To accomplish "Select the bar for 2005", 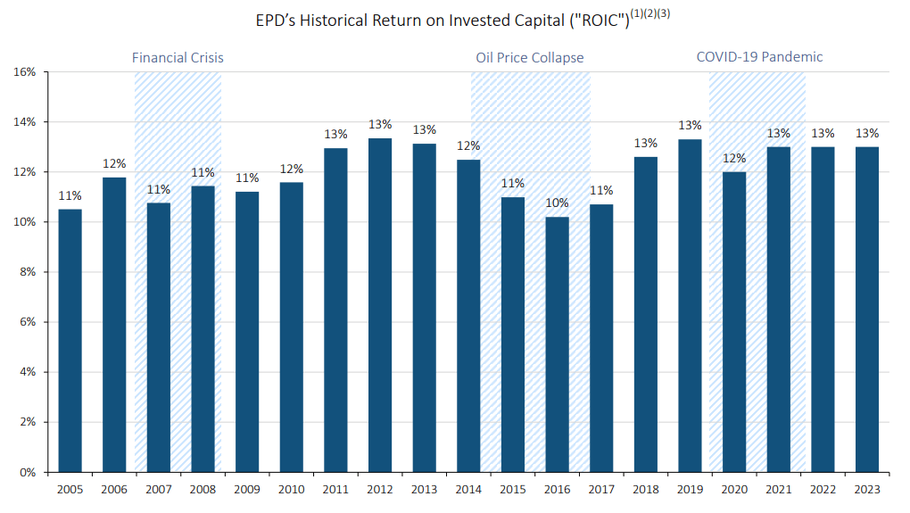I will point(70,340).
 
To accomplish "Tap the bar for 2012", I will point(380,304).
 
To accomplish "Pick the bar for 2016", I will point(557,343).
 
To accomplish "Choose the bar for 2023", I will point(867,309).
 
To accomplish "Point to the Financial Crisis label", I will point(178,57).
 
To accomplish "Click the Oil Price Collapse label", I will point(529,57).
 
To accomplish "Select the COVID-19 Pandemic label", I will point(759,56).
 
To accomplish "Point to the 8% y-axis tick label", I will point(27,271).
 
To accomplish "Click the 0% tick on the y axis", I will point(27,472).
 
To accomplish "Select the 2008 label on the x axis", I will point(203,490).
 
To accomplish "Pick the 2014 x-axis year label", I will point(468,490).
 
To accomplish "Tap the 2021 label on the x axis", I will point(778,490).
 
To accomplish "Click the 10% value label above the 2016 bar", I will point(558,203).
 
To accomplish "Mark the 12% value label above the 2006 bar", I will point(114,164).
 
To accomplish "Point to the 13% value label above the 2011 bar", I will point(335,135).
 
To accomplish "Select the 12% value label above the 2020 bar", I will point(734,158).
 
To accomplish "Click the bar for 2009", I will point(247,331).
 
